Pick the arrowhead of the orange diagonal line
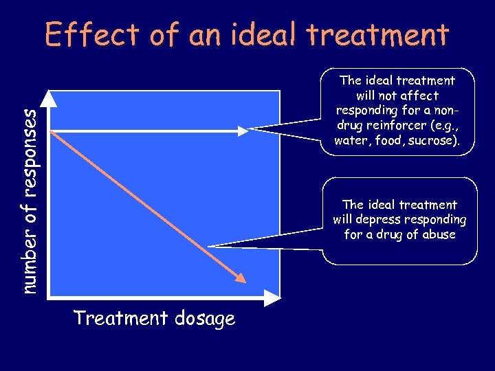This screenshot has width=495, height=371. [x=239, y=277]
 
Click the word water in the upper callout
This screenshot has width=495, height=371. [x=350, y=141]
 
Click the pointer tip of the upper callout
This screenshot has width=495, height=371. [x=250, y=128]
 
